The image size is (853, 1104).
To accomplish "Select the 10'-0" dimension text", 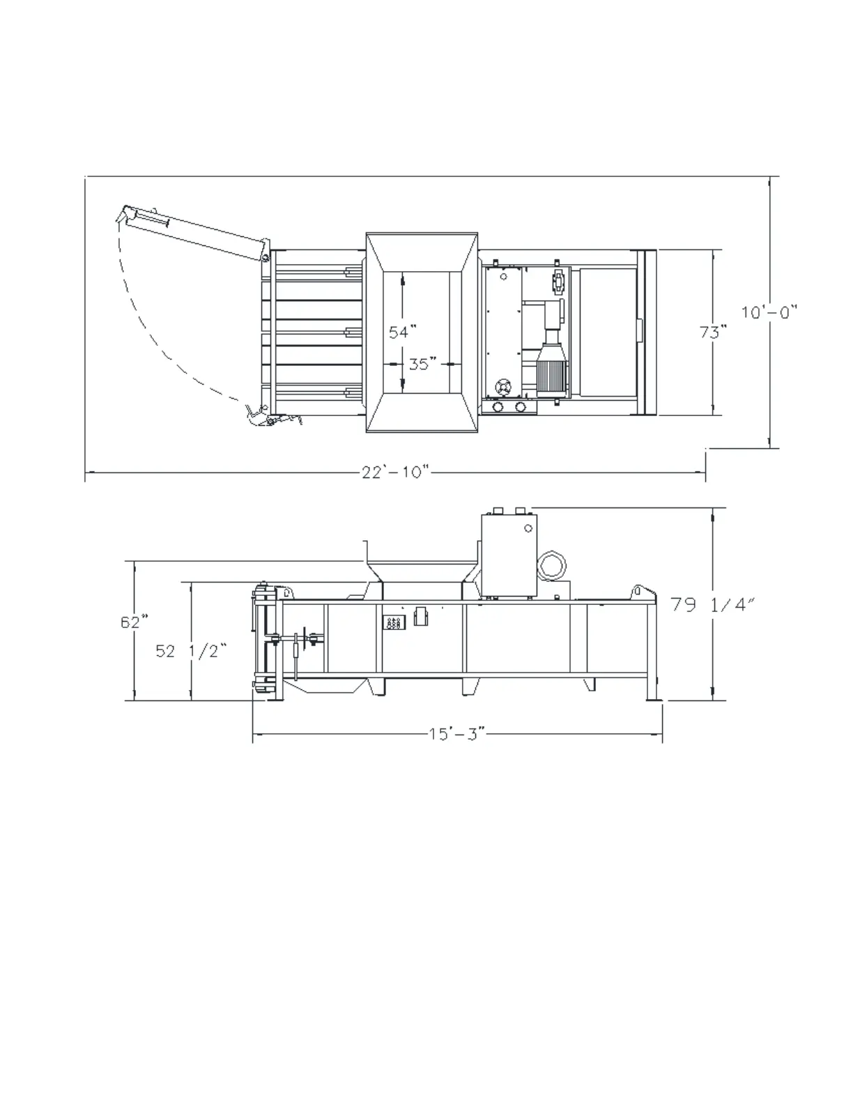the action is tap(769, 312).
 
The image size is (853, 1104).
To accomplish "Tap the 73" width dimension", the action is tap(713, 332).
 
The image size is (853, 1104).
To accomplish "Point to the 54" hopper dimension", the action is tap(402, 332).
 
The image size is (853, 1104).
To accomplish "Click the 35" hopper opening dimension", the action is tap(422, 364).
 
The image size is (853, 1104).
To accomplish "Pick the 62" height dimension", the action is tap(134, 622).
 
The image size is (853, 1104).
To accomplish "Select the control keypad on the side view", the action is tap(394, 622).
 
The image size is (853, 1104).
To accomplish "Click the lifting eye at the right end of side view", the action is tap(637, 592).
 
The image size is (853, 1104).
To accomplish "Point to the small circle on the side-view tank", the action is tap(528, 528).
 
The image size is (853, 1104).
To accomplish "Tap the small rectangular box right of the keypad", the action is tap(420, 617).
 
